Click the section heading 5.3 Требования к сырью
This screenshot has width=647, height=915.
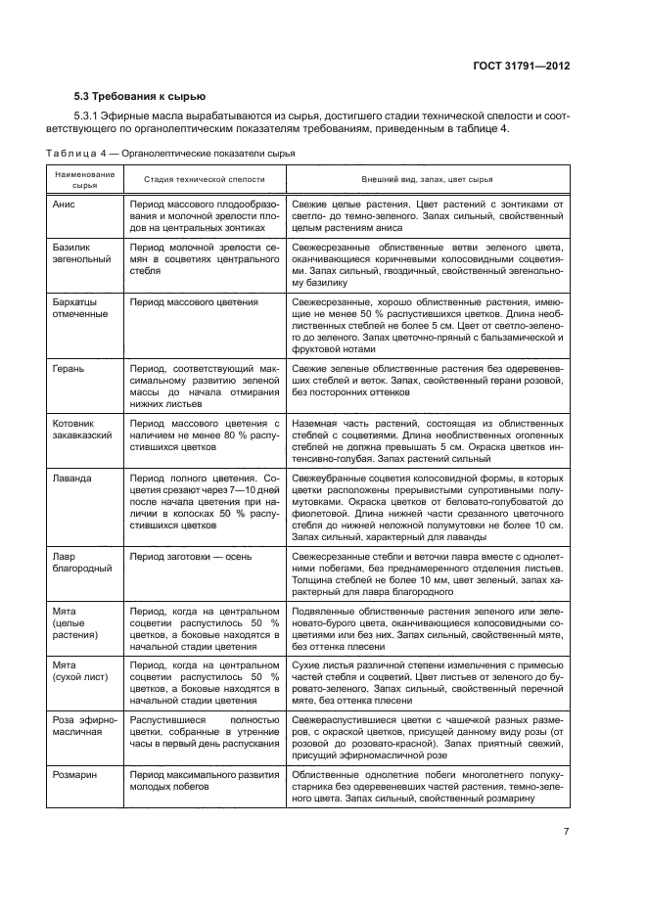(x=140, y=96)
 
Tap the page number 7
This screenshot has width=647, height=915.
(x=567, y=832)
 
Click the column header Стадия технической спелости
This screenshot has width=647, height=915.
(x=203, y=180)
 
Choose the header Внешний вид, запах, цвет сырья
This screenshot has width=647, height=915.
(x=428, y=180)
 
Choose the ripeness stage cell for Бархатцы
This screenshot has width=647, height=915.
(x=193, y=302)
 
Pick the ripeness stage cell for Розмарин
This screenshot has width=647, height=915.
(x=203, y=780)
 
